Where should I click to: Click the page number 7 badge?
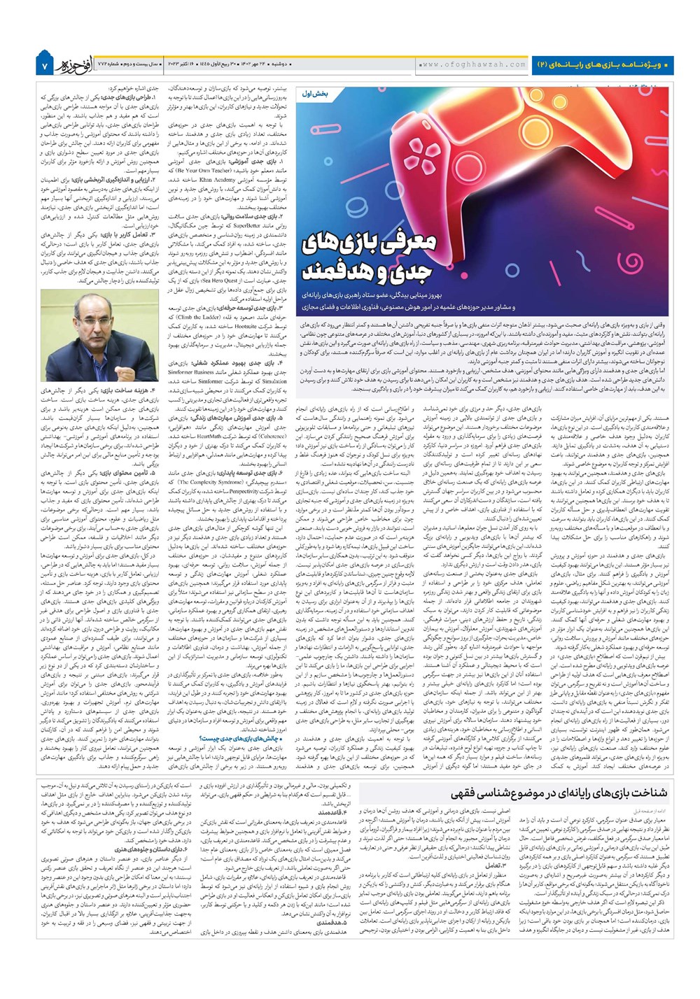43,65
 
